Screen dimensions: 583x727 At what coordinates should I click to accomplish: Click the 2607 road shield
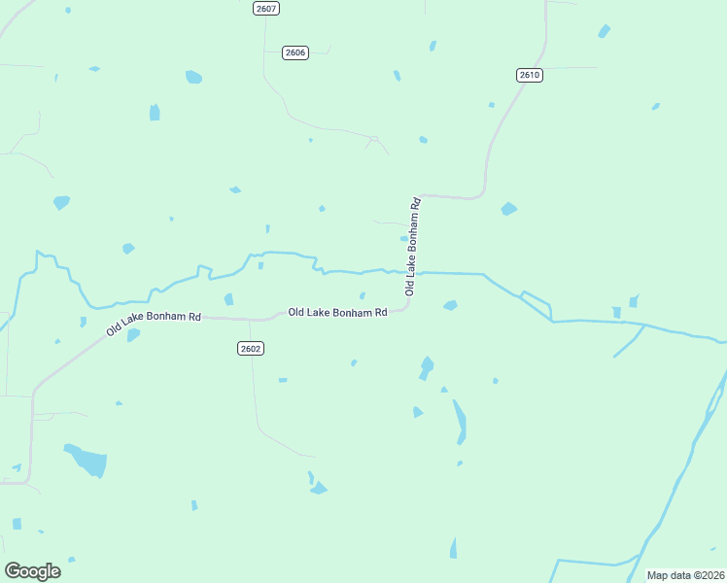265,8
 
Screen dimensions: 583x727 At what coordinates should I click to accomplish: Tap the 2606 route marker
295,52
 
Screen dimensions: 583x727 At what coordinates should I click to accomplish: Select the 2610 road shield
529,75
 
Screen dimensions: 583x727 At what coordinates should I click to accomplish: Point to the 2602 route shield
251,348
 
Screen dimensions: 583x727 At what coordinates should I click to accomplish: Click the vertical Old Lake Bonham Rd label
413,247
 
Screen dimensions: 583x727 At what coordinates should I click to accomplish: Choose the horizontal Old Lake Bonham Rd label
337,312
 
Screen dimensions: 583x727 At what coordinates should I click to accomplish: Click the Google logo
32,570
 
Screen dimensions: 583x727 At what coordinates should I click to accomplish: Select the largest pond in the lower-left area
87,460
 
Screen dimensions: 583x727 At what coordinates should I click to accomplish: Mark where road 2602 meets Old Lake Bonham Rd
251,319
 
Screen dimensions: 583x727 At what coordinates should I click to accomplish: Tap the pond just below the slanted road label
133,335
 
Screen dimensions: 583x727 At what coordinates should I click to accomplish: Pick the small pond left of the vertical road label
403,237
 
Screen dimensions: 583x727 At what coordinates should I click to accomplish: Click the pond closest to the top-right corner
605,31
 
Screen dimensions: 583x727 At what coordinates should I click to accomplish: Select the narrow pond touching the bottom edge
453,549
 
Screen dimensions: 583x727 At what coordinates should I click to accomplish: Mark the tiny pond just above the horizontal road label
363,296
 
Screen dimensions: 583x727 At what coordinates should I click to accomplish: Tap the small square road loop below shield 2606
372,139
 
